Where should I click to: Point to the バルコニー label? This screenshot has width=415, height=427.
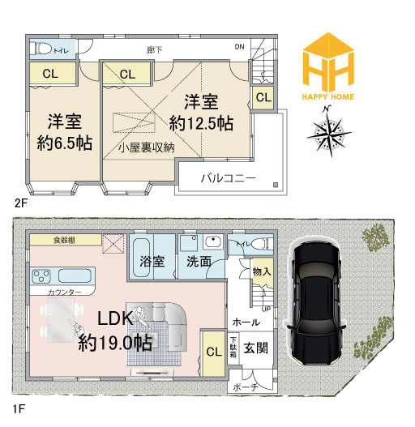pos(229,177)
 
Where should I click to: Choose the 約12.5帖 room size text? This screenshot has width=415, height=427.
pos(202,123)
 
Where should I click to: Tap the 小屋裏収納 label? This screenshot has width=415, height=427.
pos(146,149)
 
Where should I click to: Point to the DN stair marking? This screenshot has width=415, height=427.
pos(239,47)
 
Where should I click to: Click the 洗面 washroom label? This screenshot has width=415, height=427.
pos(199,263)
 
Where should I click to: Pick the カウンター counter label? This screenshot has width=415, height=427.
pos(65,291)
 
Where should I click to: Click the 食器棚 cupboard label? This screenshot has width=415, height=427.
pos(66,241)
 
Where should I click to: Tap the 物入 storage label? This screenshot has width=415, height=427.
pos(261,272)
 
